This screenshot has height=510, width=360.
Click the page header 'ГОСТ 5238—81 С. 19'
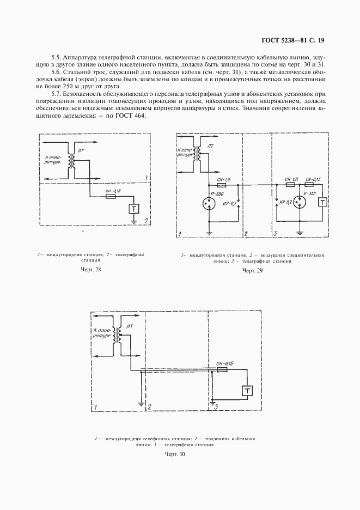[292, 40]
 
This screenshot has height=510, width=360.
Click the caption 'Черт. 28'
[91, 269]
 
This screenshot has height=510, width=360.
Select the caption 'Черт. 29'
[252, 271]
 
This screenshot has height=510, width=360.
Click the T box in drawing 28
[133, 209]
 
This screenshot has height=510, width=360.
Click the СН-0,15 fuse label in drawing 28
[113, 191]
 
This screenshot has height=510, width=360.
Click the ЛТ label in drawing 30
[129, 326]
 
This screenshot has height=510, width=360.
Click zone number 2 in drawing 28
[146, 222]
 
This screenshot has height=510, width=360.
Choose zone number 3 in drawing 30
[216, 406]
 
